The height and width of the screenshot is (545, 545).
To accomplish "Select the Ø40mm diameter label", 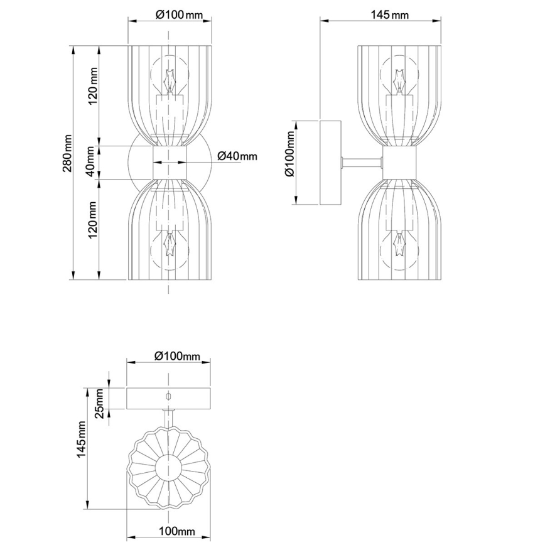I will pos(237,156).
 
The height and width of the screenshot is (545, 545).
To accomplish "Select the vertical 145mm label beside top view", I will pos(80,449).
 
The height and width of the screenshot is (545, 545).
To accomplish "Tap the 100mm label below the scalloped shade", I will pos(176,532).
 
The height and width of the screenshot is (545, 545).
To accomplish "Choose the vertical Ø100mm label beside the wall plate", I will pos(290,161).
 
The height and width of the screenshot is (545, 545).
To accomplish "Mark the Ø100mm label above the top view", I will pos(177,356).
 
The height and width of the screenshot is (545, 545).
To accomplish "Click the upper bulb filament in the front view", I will pos(168,80).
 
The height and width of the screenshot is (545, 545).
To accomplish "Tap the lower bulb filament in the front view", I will pos(168,244).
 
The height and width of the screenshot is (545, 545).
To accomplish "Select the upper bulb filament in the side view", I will pos(398,80).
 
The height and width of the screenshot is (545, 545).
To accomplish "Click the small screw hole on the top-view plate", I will pos(168,396).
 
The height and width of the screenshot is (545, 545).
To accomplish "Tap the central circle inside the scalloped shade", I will pos(168,468).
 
